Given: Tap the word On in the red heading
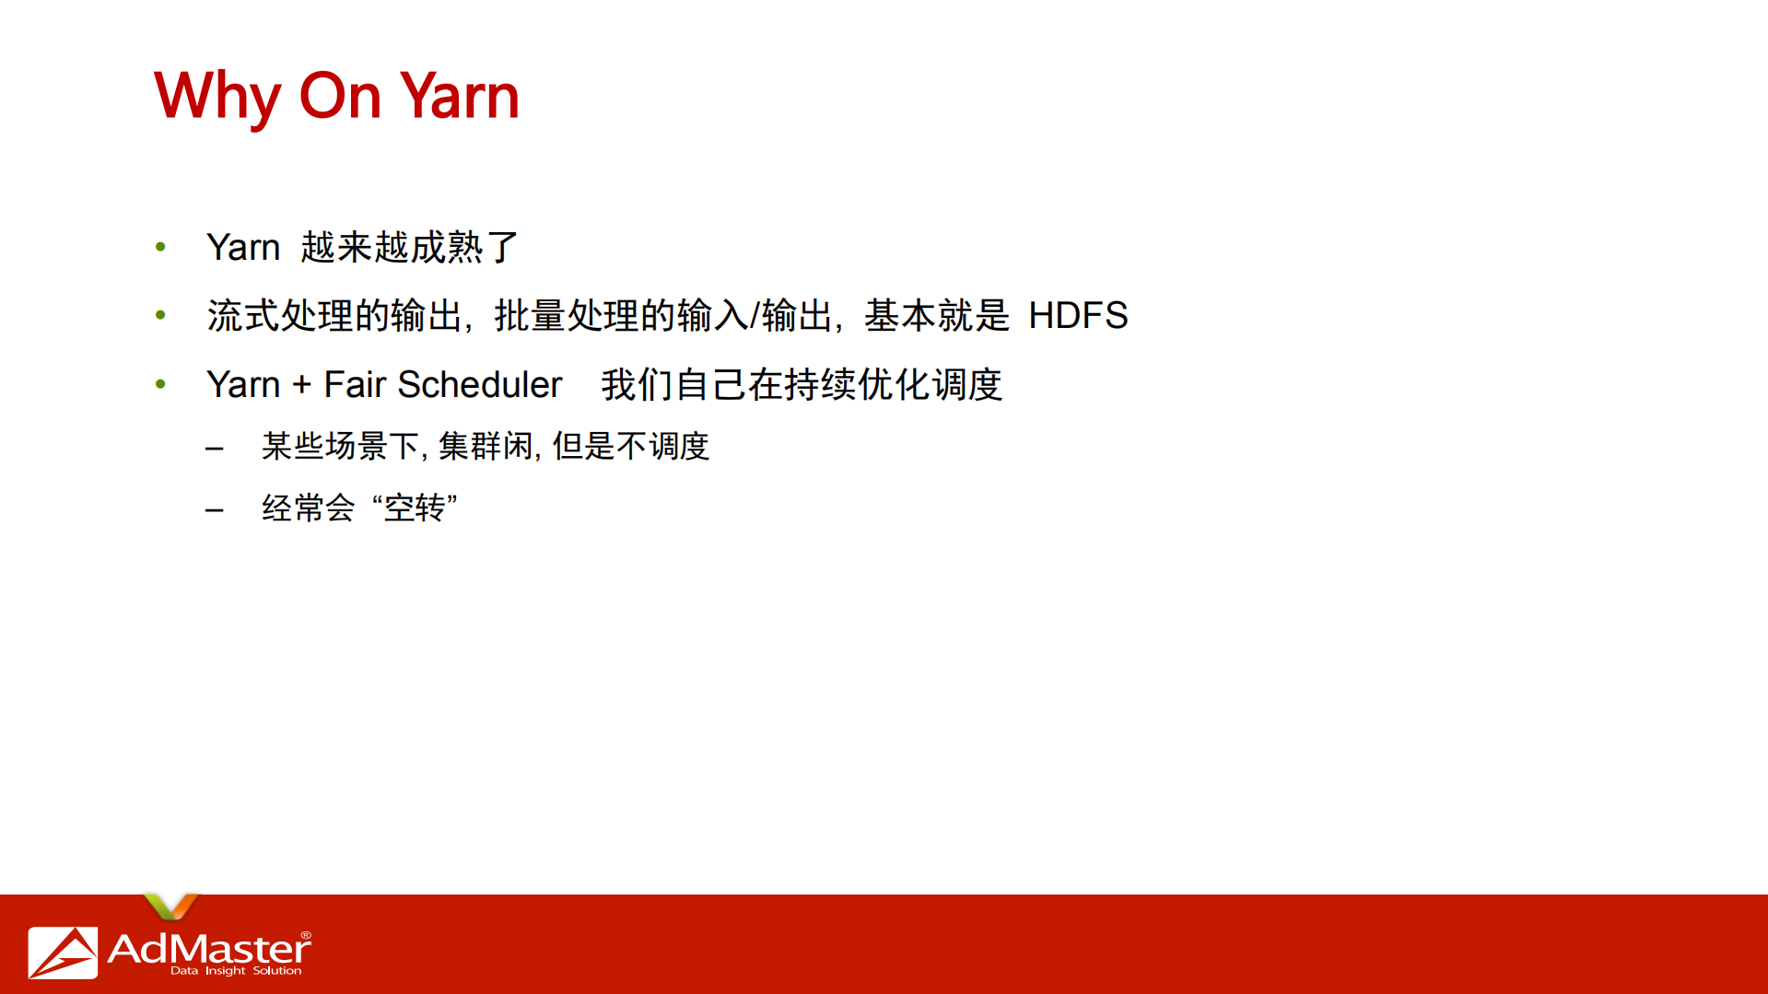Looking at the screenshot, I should [340, 96].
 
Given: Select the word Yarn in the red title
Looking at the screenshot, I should [460, 96].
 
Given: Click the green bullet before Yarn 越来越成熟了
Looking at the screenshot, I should [161, 247].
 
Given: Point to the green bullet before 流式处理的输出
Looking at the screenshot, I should [161, 315].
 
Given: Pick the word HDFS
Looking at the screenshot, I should [1077, 316].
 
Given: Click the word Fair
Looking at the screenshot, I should [354, 385].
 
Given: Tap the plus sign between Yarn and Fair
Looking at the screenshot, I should [301, 385].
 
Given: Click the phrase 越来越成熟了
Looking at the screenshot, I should [409, 248].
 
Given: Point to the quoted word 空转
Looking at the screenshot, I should [415, 508].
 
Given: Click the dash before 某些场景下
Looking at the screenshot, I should [215, 449].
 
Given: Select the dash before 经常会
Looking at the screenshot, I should [215, 509].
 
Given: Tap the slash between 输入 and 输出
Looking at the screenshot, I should [755, 316].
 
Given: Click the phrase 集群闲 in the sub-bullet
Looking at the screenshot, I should [486, 447].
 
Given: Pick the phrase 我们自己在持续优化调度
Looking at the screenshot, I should [801, 385].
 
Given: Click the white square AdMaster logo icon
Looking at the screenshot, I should [63, 952].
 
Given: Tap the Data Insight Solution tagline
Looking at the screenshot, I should [236, 971].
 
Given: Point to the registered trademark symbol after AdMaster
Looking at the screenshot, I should [306, 935].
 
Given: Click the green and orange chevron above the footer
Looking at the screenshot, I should [170, 906].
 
